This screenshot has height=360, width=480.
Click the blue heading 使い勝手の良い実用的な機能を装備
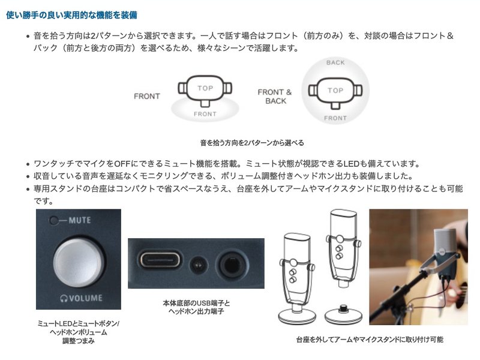(71, 15)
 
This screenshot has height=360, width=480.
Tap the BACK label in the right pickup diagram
(335, 63)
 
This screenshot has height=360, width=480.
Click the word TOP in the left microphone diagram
(205, 88)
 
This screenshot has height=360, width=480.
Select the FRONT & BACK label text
(275, 97)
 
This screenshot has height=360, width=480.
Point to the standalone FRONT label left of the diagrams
(147, 97)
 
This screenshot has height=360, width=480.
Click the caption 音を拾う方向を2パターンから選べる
(252, 143)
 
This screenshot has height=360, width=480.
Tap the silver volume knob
(79, 263)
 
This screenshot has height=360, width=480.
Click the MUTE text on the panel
(80, 220)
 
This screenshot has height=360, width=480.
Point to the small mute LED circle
(54, 220)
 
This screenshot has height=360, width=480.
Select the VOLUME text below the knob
(86, 298)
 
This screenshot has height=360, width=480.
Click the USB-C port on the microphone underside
(160, 260)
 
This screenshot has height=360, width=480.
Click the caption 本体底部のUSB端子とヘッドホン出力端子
(196, 307)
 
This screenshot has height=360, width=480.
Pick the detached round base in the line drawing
(343, 314)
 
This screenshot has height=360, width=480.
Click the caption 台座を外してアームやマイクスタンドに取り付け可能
(370, 339)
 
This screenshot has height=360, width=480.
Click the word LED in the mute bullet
(351, 164)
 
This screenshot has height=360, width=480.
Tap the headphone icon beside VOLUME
(64, 298)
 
